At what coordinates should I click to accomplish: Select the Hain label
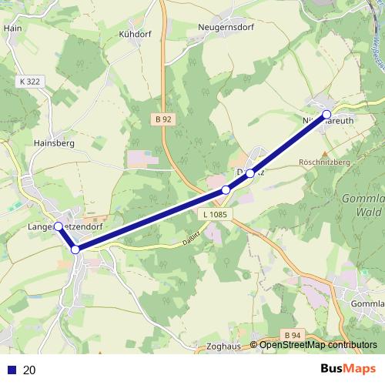point(12,28)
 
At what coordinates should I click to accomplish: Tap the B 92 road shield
point(162,119)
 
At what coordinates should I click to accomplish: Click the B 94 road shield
point(291,335)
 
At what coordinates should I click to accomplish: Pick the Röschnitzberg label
point(324,163)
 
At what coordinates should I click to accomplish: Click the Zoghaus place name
point(224,347)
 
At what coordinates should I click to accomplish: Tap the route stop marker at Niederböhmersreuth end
point(326,114)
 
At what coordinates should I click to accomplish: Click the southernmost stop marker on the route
point(75,249)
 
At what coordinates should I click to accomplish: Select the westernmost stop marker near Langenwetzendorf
point(59,226)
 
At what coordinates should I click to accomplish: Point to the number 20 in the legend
point(30,370)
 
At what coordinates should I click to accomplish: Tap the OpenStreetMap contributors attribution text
point(318,346)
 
